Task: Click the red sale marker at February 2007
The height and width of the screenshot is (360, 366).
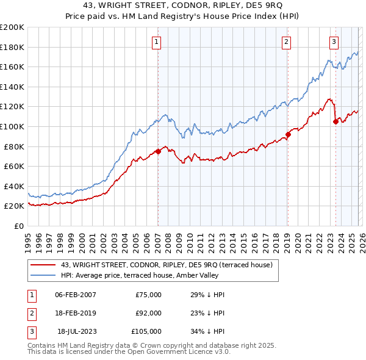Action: pyautogui.click(x=157, y=151)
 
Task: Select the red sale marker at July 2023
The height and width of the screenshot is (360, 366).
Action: pyautogui.click(x=335, y=121)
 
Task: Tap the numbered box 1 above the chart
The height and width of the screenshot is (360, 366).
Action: pyautogui.click(x=157, y=42)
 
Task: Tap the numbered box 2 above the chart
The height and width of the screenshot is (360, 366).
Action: pyautogui.click(x=286, y=42)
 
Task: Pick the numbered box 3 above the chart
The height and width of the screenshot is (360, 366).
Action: pyautogui.click(x=334, y=42)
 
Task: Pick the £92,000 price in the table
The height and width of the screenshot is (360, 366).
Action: pyautogui.click(x=148, y=313)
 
